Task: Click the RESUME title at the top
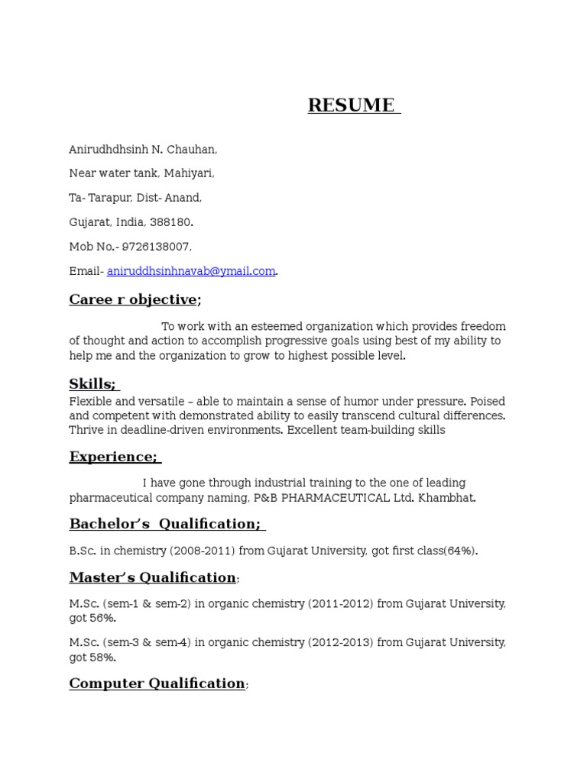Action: coord(353,105)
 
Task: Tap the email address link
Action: coord(191,271)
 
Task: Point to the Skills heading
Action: coord(92,384)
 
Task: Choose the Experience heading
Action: coord(113,457)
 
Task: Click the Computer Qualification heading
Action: coord(157,683)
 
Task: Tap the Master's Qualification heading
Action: coord(152,577)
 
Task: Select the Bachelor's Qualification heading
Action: coord(165,524)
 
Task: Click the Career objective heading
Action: coord(134,299)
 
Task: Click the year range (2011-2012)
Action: coord(341,604)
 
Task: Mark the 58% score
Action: coord(103,657)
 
